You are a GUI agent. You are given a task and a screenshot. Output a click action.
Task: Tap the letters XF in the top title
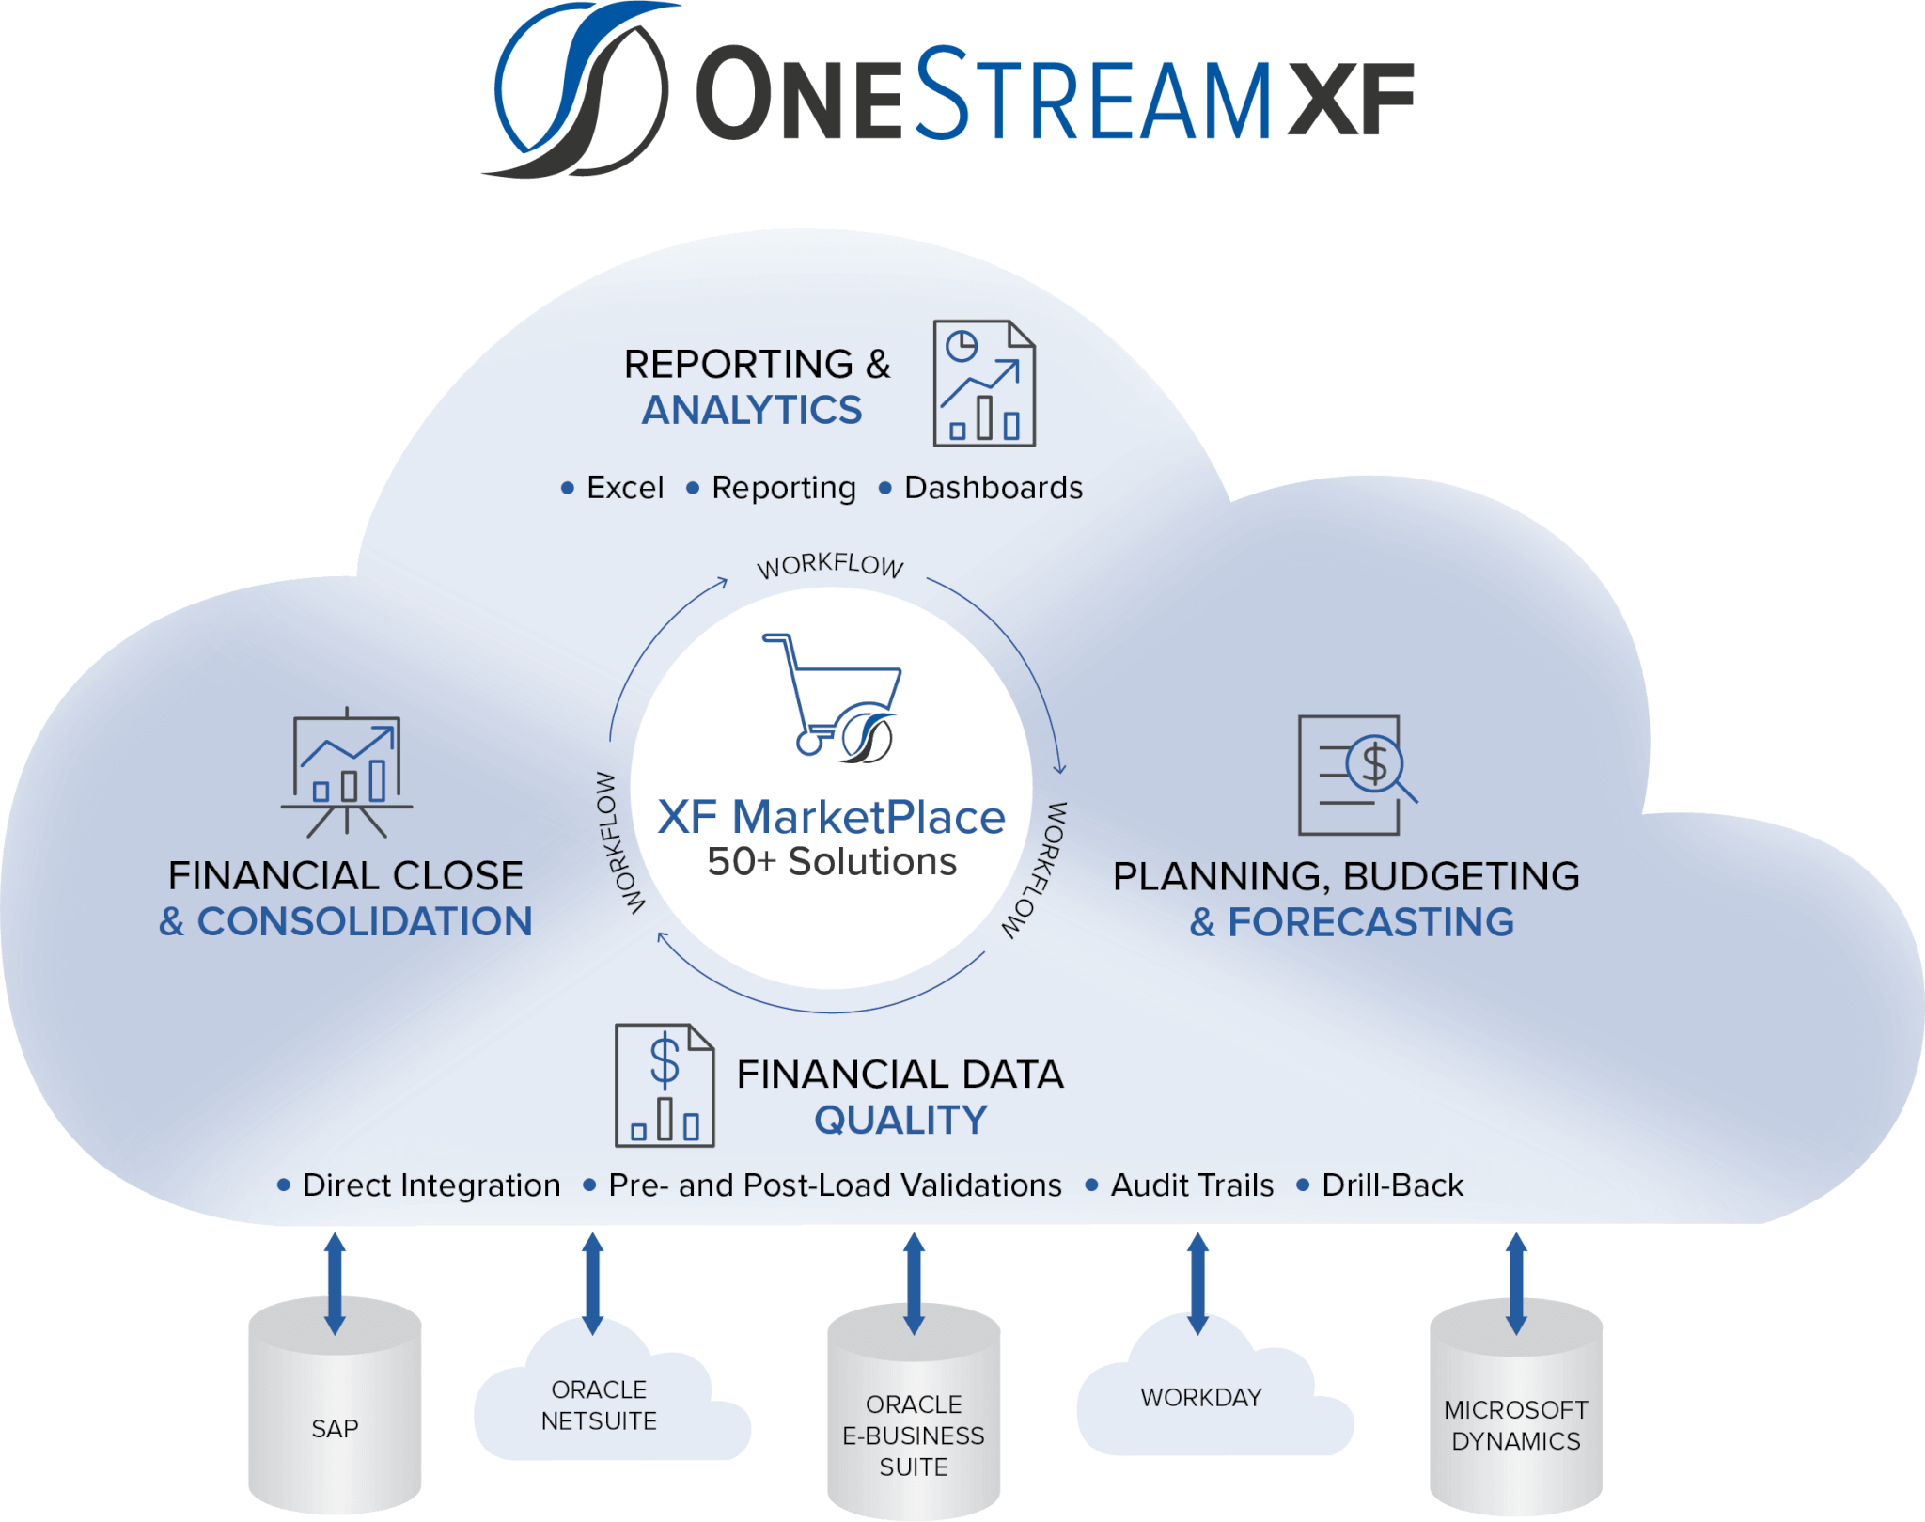(1350, 100)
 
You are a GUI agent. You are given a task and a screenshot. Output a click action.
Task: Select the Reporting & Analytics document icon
(983, 384)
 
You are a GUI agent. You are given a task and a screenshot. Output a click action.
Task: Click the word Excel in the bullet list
(625, 488)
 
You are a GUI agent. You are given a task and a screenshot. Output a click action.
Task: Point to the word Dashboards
(993, 488)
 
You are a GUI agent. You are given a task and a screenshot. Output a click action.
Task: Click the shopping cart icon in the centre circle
(833, 697)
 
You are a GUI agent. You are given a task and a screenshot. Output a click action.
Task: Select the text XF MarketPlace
(831, 817)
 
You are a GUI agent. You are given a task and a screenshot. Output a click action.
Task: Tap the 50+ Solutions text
(832, 862)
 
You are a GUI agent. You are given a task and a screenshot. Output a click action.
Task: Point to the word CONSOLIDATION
(365, 922)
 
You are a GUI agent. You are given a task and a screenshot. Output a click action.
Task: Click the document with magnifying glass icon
(1355, 775)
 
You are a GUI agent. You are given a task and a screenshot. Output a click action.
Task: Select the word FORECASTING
(1370, 922)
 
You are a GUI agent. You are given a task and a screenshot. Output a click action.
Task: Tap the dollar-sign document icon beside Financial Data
(665, 1086)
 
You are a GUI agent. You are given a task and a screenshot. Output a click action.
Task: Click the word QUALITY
(900, 1121)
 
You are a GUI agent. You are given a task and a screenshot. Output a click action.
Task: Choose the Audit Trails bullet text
(1192, 1185)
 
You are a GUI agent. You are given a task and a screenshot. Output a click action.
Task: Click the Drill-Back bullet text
(1392, 1185)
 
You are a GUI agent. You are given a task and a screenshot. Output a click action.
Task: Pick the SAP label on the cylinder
(335, 1429)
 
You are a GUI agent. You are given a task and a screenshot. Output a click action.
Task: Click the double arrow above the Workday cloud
(1197, 1283)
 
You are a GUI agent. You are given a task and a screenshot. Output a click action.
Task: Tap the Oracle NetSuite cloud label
(599, 1405)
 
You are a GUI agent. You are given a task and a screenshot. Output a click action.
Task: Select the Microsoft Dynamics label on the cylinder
(1516, 1425)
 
